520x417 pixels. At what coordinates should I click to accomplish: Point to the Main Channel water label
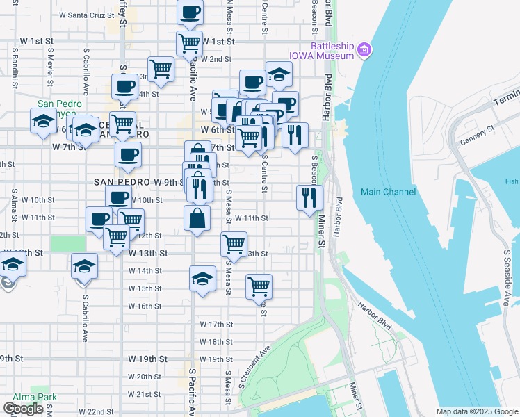tap(388, 192)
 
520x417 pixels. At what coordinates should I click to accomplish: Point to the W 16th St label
tap(145, 306)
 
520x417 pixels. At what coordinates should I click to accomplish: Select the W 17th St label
tap(216, 324)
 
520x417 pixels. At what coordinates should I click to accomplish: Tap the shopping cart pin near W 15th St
tap(259, 285)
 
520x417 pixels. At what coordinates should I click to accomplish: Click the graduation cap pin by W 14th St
tap(202, 279)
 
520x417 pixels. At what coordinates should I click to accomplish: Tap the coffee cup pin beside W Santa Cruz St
tap(190, 12)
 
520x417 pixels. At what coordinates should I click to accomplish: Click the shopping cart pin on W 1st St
tap(189, 43)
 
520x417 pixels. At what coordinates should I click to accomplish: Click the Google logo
tap(23, 409)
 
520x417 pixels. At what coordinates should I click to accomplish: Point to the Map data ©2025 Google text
tap(477, 411)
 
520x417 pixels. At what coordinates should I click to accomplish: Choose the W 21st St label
tap(145, 394)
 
